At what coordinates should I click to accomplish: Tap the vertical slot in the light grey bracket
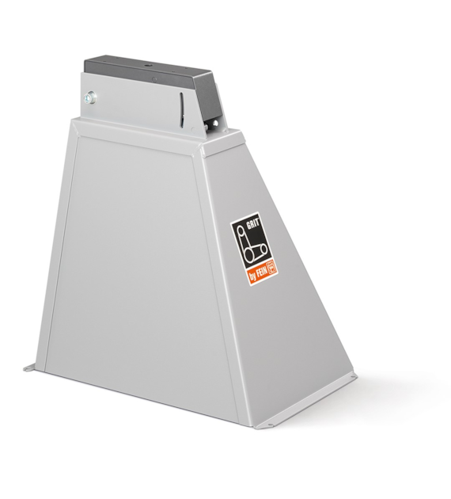tap(182, 109)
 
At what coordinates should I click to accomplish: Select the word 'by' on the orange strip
tap(252, 277)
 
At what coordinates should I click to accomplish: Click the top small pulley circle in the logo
tap(241, 228)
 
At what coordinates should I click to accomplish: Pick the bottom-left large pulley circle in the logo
tap(249, 253)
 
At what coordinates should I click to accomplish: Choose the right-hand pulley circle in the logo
tap(263, 249)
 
